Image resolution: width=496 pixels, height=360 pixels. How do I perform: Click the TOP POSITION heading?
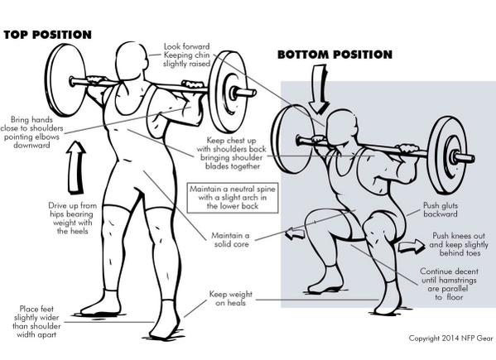click(48, 35)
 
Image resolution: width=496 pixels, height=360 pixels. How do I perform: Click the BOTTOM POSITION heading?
click(335, 55)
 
